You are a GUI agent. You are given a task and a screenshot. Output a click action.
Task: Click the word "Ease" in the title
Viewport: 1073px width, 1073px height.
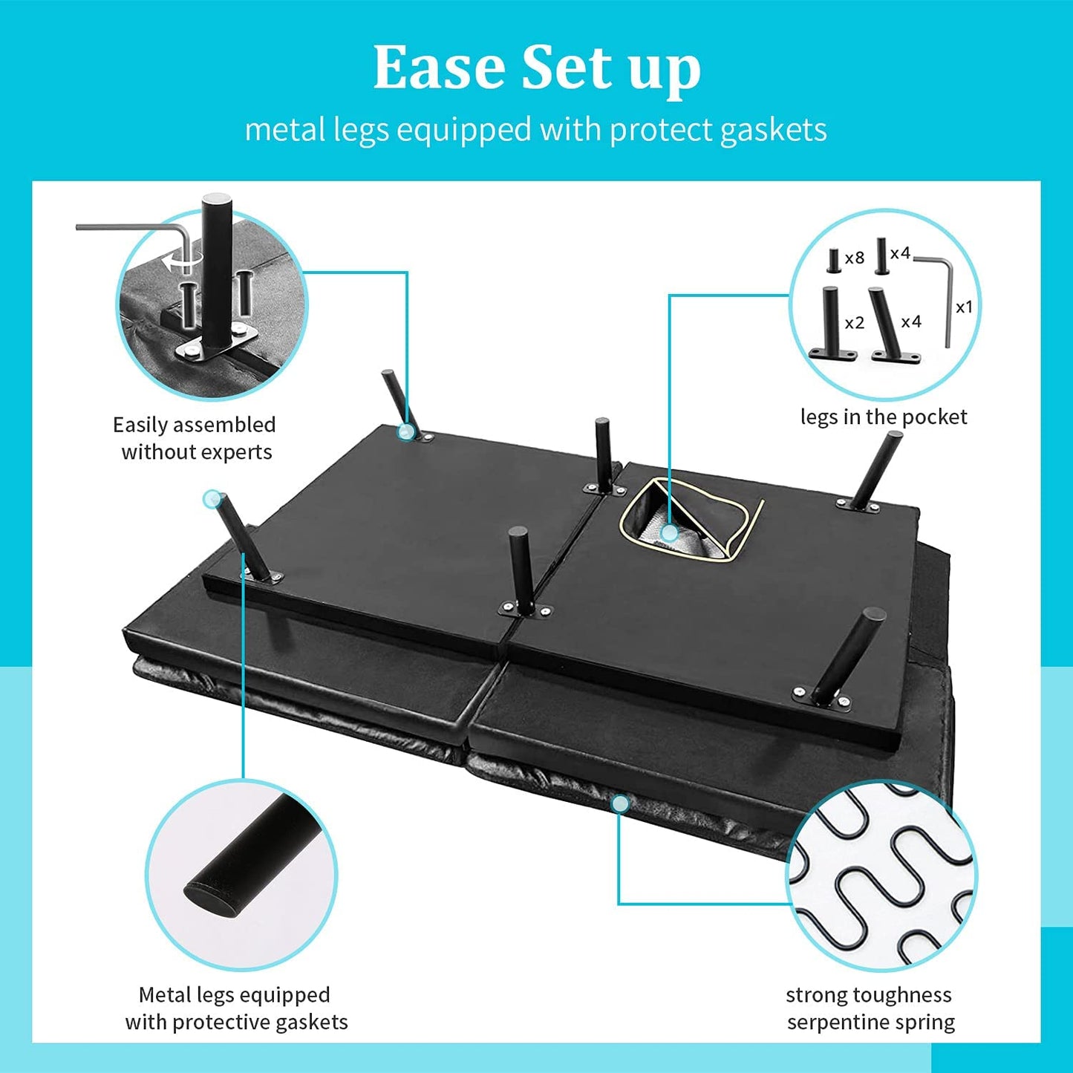click(x=440, y=67)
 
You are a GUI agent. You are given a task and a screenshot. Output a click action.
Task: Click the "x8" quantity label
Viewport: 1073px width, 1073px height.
click(x=855, y=258)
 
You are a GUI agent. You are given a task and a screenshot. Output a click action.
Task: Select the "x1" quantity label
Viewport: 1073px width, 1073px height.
click(x=964, y=307)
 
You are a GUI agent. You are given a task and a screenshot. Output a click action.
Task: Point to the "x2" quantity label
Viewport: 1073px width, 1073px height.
click(x=855, y=323)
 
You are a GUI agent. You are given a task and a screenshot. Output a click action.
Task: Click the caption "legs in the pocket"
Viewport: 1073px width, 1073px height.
click(x=884, y=417)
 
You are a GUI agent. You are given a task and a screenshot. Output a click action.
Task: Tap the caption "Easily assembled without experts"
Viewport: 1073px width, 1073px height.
click(x=195, y=438)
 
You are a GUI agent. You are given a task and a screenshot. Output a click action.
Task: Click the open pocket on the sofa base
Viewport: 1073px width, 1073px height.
click(x=691, y=520)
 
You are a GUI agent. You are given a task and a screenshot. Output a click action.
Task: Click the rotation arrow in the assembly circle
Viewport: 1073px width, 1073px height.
click(x=183, y=261)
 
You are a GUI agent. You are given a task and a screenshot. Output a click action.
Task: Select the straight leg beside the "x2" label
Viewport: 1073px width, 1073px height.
click(x=832, y=324)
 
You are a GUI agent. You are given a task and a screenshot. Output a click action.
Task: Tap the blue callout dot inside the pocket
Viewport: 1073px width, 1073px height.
click(x=669, y=533)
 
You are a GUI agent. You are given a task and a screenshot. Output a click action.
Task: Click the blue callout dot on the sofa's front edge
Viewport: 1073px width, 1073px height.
click(x=620, y=803)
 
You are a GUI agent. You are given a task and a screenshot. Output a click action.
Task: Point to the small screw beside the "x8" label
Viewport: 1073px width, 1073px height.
click(x=833, y=261)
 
